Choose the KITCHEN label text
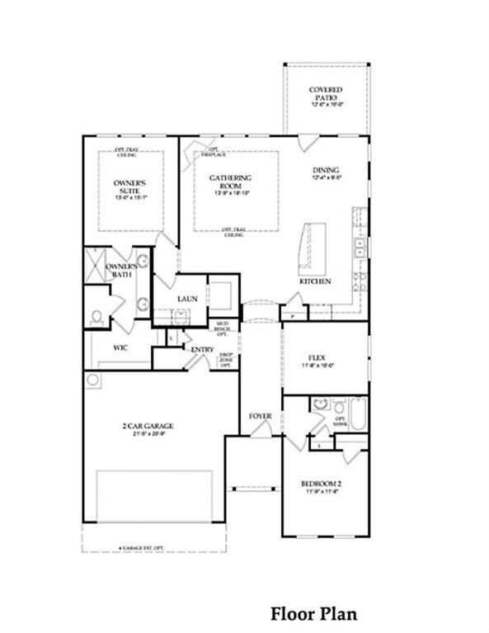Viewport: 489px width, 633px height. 315,281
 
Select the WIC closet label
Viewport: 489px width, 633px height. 120,348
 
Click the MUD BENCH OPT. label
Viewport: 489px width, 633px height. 222,329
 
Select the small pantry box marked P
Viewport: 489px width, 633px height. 293,314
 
